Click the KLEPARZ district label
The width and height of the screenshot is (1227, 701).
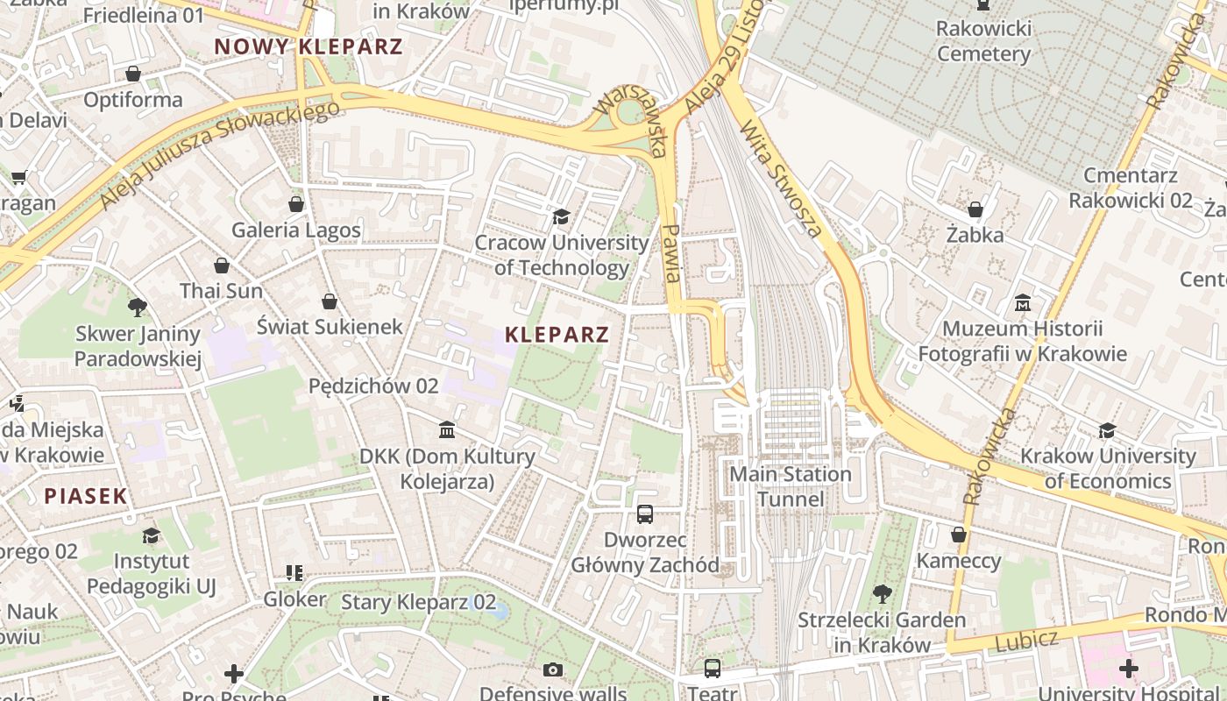[557, 334]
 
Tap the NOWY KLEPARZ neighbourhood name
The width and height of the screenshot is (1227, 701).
[309, 46]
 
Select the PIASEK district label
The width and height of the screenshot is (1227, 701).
[86, 496]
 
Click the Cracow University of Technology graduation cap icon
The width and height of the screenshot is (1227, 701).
[561, 216]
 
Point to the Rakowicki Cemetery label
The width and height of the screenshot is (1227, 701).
[983, 41]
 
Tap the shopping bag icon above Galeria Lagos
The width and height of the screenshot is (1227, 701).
[296, 204]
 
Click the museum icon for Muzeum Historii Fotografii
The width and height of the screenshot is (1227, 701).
[1022, 303]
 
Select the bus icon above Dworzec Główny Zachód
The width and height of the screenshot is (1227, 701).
[645, 514]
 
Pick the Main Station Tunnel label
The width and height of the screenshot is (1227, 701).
[791, 486]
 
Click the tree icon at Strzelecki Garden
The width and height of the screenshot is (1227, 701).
[882, 594]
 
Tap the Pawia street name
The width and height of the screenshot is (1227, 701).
[671, 252]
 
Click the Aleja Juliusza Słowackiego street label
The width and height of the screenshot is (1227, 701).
[219, 155]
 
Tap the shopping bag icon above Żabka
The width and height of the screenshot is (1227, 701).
[975, 209]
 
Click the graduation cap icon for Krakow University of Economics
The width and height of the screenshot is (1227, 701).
[1108, 430]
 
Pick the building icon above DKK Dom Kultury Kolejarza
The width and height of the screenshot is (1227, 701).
[447, 430]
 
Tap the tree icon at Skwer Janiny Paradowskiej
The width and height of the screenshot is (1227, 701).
[138, 308]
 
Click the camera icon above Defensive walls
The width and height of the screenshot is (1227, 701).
[552, 670]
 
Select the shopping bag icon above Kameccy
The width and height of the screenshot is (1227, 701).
[959, 535]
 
